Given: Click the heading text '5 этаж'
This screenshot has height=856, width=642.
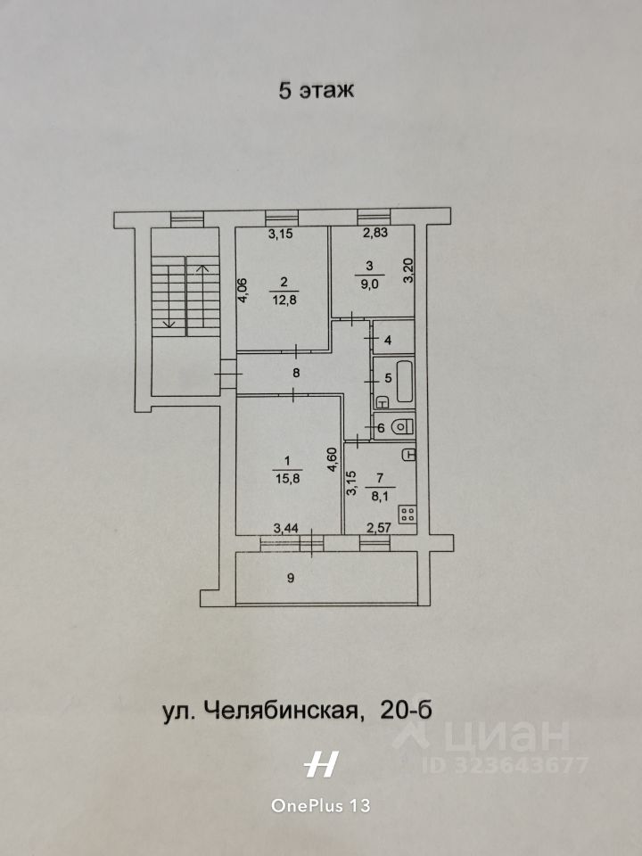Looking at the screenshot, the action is click(x=317, y=90).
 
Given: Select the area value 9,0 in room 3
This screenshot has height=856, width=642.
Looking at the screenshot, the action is click(x=369, y=276).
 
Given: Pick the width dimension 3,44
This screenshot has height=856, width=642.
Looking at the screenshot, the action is click(x=286, y=530).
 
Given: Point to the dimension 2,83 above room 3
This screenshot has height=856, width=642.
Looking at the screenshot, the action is click(x=374, y=235).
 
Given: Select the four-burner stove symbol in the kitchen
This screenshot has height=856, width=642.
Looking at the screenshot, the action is click(x=407, y=514).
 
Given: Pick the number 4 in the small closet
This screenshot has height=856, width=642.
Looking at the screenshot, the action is click(x=388, y=340).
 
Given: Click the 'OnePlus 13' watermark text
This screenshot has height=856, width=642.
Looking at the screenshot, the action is click(x=321, y=805).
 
